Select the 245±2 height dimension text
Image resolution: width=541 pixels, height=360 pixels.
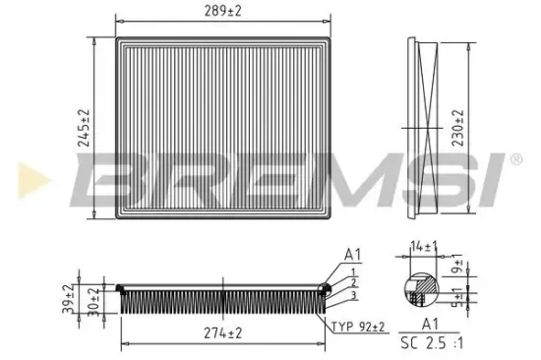click(x=86, y=129)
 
